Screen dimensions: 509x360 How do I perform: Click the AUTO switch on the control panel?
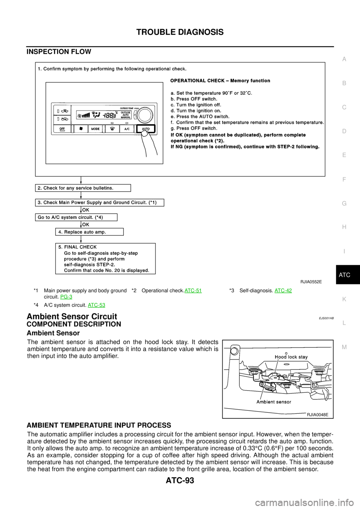(x=145, y=129)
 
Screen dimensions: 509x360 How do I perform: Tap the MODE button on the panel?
(x=96, y=129)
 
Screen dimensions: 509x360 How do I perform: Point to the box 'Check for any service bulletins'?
(x=83, y=188)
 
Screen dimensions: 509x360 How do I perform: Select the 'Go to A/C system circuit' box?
(x=76, y=217)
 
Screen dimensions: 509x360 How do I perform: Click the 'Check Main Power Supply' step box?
(x=99, y=203)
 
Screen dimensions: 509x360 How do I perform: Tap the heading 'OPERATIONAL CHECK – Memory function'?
(x=220, y=81)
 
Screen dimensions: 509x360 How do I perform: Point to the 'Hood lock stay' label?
(x=291, y=357)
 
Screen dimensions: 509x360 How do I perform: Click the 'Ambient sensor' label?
(x=274, y=402)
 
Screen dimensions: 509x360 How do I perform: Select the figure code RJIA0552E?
(x=311, y=281)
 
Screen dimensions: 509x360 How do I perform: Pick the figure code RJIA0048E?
(x=317, y=415)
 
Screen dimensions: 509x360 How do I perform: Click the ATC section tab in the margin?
(x=344, y=275)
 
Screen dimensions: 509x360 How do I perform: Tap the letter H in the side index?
(x=344, y=227)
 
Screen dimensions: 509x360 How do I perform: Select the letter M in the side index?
(x=344, y=347)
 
